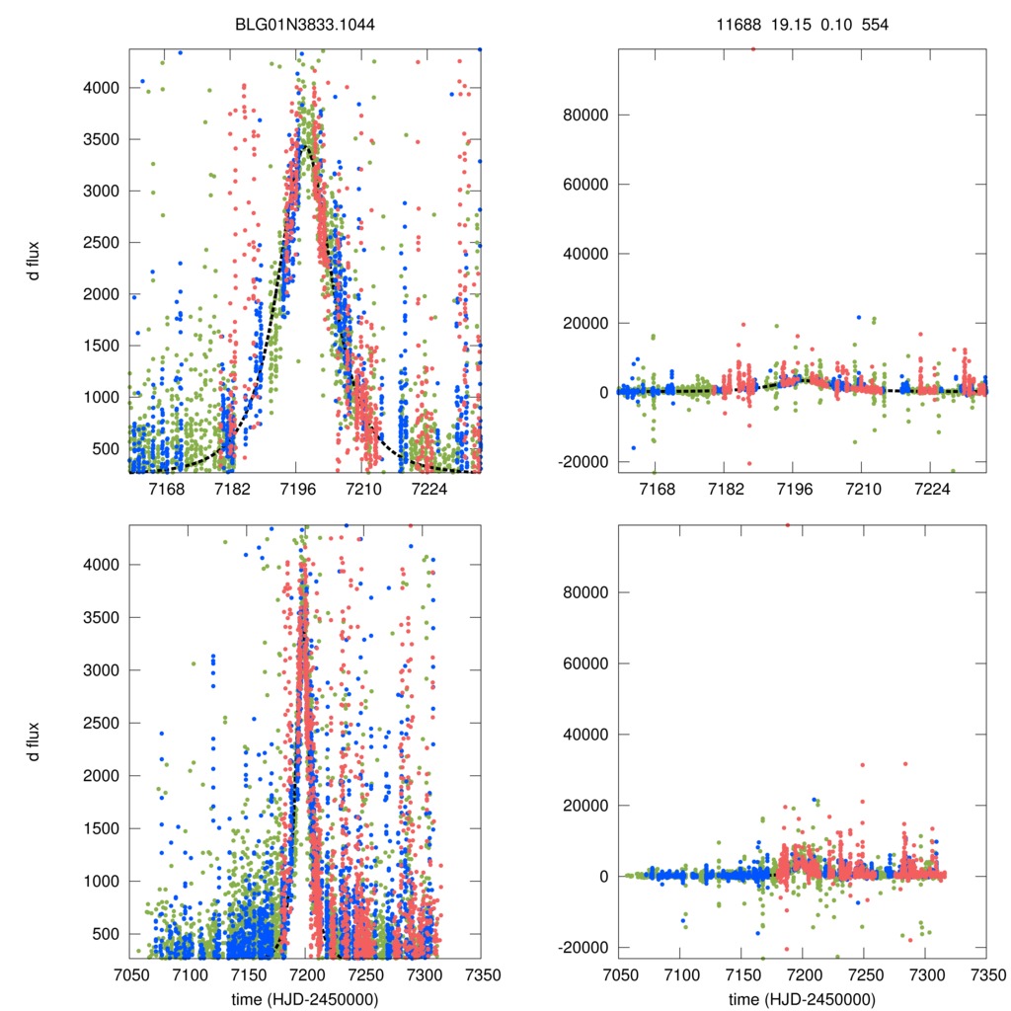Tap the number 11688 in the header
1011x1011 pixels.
point(738,25)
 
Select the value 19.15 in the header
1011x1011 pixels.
point(785,25)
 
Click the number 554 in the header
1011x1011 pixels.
point(875,25)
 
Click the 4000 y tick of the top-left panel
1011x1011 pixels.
point(101,88)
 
